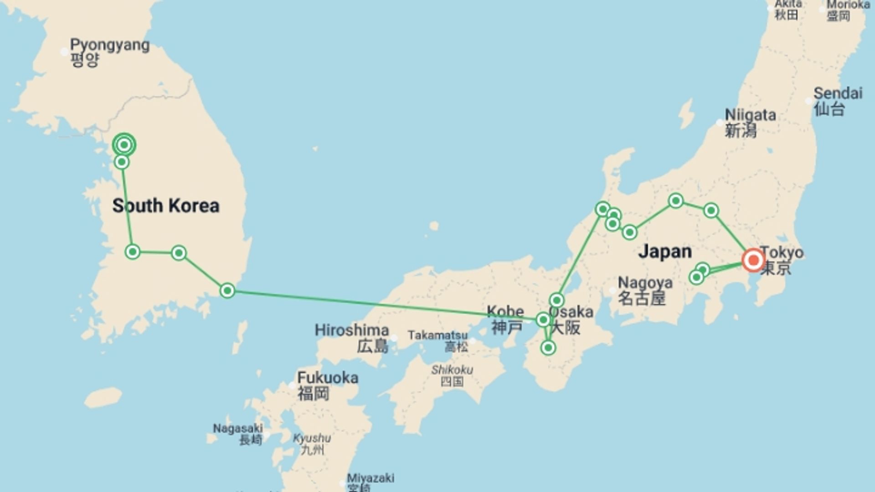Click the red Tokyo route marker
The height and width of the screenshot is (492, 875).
(x=753, y=260)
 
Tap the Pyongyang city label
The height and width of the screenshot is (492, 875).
(x=109, y=52)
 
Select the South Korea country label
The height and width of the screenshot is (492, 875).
(x=166, y=205)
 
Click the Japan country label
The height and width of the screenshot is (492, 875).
(x=665, y=251)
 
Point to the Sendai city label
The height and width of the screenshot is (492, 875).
(x=838, y=101)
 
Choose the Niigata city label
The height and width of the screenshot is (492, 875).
(x=750, y=123)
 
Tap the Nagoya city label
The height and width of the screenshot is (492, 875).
(x=644, y=290)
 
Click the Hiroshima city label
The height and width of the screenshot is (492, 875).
(x=352, y=338)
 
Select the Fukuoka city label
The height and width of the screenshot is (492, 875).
(x=327, y=385)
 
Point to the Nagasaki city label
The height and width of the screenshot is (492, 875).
(x=238, y=433)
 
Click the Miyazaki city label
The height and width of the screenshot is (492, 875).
(x=370, y=481)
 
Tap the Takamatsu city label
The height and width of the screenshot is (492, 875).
(x=437, y=340)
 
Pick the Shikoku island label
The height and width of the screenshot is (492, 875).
(x=452, y=375)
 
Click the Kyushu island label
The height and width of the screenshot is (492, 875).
(x=312, y=443)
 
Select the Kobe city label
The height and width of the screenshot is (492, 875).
(x=505, y=319)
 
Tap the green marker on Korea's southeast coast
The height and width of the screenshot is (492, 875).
(x=227, y=290)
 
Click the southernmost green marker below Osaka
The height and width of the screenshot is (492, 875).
(x=548, y=348)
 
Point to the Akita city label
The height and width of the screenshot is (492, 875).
(x=788, y=9)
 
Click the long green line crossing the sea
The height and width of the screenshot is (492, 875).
(x=383, y=305)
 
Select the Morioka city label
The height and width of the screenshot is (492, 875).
(x=847, y=10)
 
